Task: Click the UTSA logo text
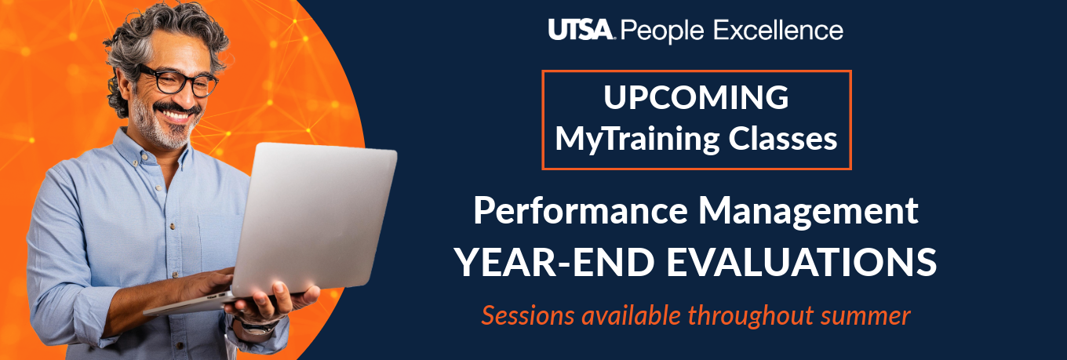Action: click(x=582, y=31)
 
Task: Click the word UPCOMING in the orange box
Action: click(x=696, y=98)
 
